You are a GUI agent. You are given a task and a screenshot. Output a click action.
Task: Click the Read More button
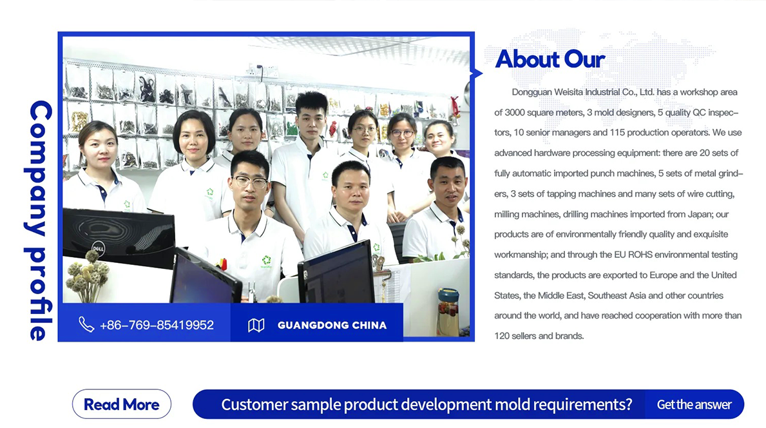coord(122,404)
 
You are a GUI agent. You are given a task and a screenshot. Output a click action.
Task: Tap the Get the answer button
coord(694,405)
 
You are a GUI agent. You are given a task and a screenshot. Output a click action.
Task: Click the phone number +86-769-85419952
coord(157,326)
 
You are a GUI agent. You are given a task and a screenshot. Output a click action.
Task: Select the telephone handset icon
coord(86,324)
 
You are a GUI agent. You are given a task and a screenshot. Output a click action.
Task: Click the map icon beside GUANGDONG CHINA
coord(256,325)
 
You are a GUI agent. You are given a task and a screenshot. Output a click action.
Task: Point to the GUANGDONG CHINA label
coord(332,326)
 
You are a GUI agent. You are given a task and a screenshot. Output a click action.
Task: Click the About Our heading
coord(550,59)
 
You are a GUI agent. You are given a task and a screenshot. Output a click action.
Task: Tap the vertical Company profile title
coord(40,220)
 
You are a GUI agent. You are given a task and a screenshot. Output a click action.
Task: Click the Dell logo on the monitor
coord(98,248)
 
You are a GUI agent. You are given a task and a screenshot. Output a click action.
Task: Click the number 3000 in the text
coord(514,112)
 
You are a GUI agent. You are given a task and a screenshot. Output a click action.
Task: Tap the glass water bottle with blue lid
coord(448,312)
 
